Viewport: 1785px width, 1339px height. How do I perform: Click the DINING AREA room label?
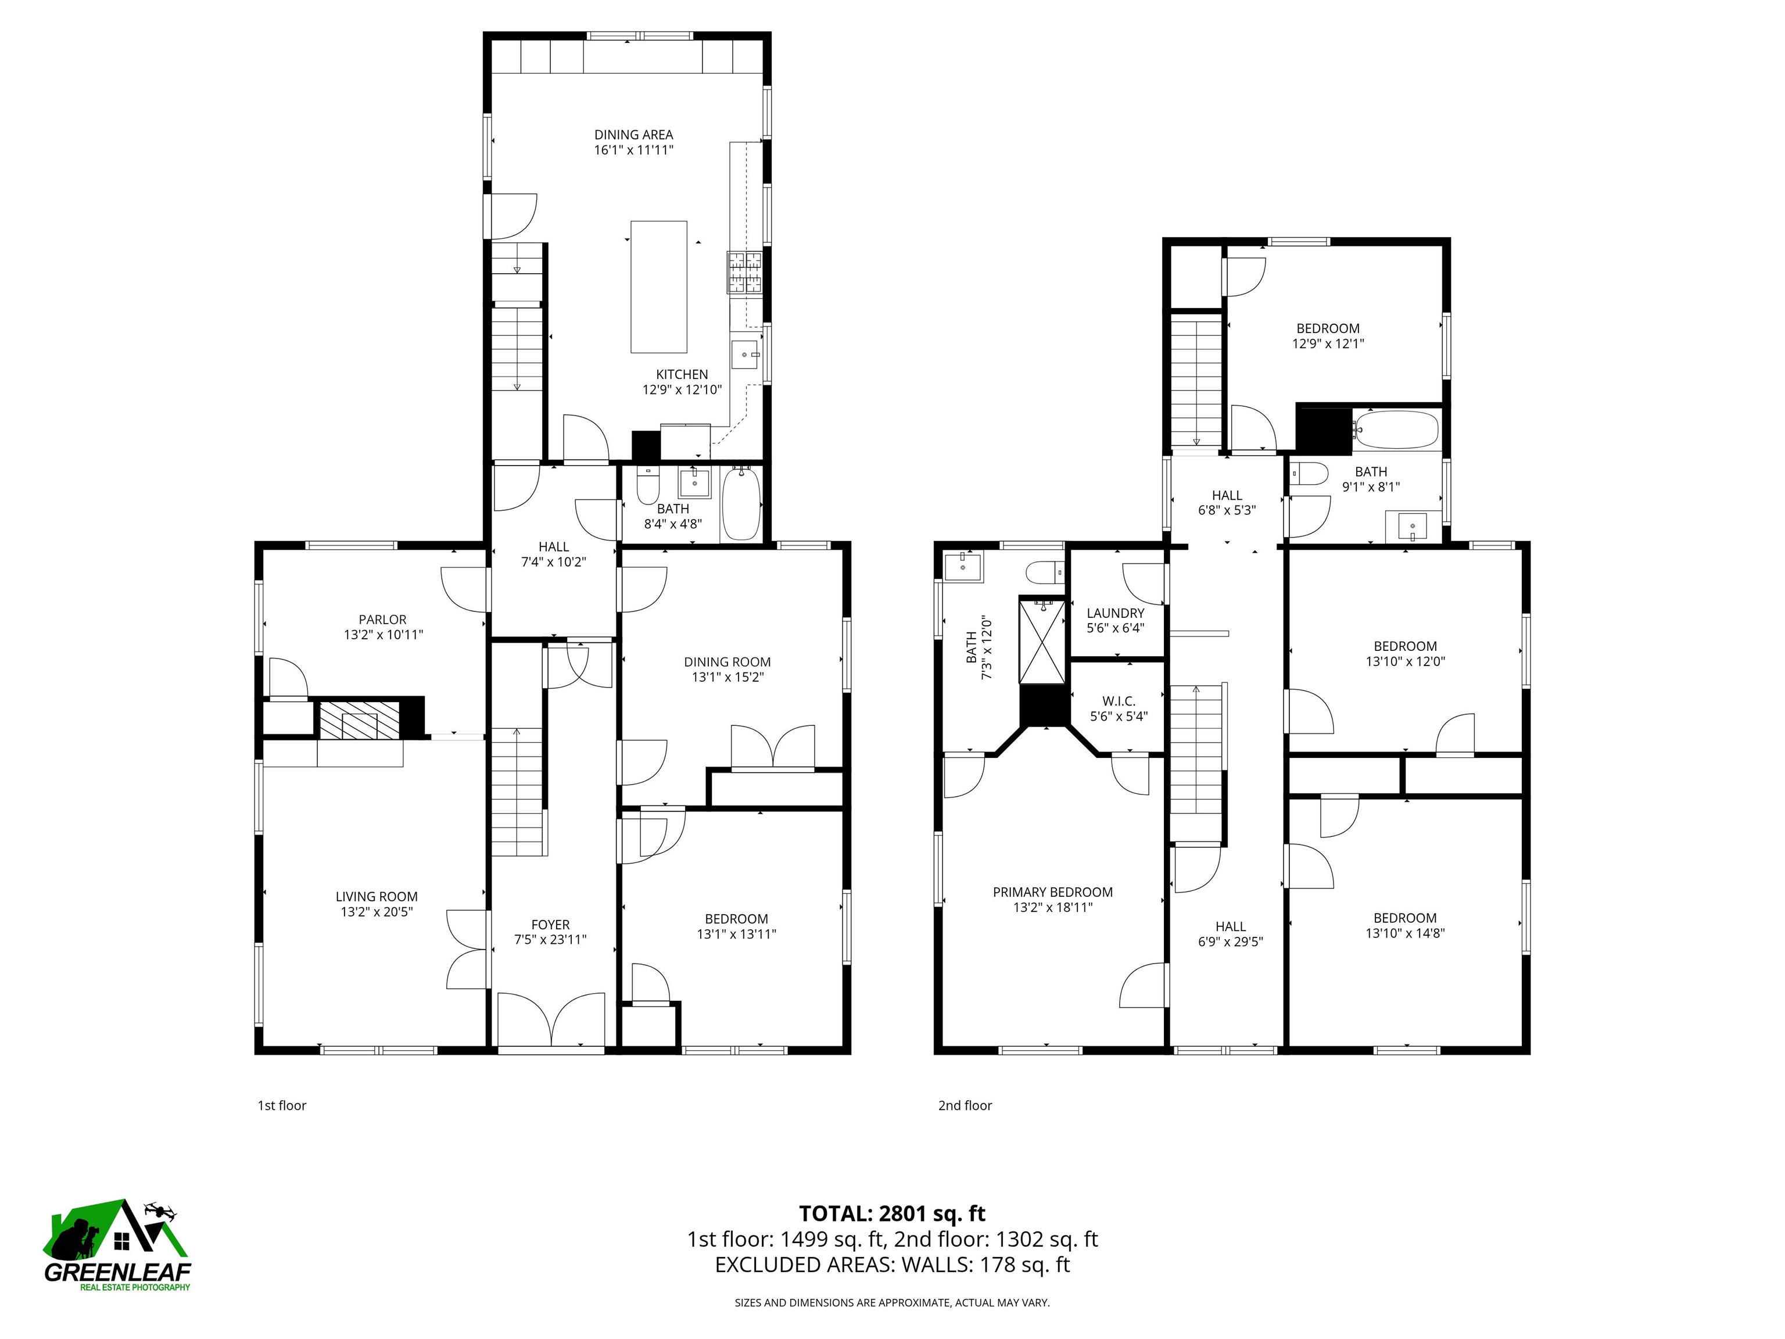point(633,135)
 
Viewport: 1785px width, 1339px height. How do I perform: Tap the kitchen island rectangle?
point(658,287)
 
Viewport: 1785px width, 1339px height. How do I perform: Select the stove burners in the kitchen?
point(745,271)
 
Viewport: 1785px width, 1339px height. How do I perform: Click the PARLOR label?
point(382,620)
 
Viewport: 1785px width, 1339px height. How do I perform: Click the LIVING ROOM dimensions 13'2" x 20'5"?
point(377,912)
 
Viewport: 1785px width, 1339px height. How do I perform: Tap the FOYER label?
point(550,924)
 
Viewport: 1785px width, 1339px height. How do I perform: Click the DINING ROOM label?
point(727,662)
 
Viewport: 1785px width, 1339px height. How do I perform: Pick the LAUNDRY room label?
point(1115,613)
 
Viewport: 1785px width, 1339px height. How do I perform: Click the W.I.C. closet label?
point(1119,701)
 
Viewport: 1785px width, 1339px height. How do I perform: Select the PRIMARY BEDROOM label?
point(1052,892)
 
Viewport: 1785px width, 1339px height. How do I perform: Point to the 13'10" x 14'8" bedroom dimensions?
point(1405,933)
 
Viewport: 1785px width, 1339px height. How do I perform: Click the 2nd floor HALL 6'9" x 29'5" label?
point(1230,934)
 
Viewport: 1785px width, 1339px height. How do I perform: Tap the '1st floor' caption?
point(282,1106)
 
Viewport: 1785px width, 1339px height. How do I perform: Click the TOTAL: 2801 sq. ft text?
point(892,1213)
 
